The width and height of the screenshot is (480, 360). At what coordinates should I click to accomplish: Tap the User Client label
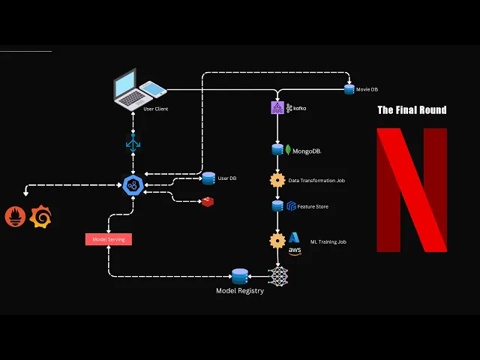point(155,109)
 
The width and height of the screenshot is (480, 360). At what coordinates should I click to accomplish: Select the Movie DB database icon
point(349,89)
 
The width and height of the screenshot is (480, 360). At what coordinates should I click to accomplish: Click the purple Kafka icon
point(277,108)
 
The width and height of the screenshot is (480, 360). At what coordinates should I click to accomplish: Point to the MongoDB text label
point(307,151)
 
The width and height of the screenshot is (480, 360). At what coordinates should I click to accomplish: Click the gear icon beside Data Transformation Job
point(277,180)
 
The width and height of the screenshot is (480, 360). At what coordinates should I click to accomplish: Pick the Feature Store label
point(312,206)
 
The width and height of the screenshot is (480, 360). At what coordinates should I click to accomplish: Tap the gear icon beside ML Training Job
point(277,241)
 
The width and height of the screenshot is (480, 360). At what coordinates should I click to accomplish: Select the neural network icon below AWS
point(278,275)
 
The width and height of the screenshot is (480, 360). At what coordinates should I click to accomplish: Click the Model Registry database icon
point(240,276)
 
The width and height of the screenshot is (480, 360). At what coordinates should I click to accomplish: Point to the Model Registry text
point(240,291)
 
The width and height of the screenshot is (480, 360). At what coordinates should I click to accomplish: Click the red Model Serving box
point(109,239)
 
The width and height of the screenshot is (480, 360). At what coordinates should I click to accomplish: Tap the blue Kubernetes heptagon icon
point(133,184)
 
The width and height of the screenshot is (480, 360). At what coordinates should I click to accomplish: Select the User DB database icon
point(208,178)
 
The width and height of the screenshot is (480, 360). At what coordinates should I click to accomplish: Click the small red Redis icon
point(207,201)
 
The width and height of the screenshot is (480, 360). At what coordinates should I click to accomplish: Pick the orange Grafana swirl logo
point(40,217)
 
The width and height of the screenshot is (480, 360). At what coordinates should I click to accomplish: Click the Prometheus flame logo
point(16,217)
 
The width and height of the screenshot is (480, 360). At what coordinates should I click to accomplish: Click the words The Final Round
point(412,110)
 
